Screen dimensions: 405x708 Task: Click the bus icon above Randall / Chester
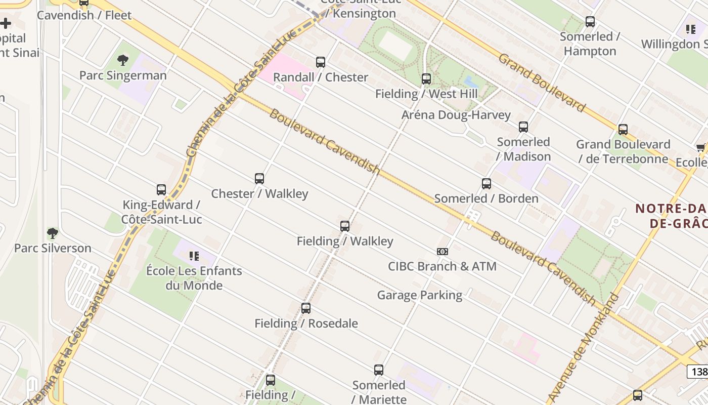click(321, 62)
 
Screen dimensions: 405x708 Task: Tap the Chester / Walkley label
click(259, 194)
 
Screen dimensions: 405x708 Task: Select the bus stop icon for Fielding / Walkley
click(345, 226)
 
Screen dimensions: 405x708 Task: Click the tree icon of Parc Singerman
click(122, 61)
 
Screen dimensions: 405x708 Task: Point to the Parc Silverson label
click(53, 248)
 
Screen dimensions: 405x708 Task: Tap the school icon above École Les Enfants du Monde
click(194, 256)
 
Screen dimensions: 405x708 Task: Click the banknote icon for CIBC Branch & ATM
click(442, 252)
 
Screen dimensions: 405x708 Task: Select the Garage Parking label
click(420, 295)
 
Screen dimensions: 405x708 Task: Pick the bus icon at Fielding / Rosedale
click(306, 308)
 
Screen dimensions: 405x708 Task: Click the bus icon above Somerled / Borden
click(486, 184)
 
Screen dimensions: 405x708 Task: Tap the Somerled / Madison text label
click(523, 149)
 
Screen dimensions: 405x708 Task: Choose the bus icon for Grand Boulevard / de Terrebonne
click(623, 130)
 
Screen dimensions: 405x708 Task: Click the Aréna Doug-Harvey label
click(456, 115)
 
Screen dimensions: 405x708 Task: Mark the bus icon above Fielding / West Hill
click(426, 79)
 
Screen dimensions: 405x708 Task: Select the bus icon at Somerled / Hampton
click(590, 22)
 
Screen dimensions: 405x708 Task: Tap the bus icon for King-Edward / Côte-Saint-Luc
click(161, 190)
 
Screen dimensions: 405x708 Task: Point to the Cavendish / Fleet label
click(84, 15)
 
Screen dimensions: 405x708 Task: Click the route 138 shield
click(698, 372)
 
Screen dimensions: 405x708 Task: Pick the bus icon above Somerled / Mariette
click(379, 370)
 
